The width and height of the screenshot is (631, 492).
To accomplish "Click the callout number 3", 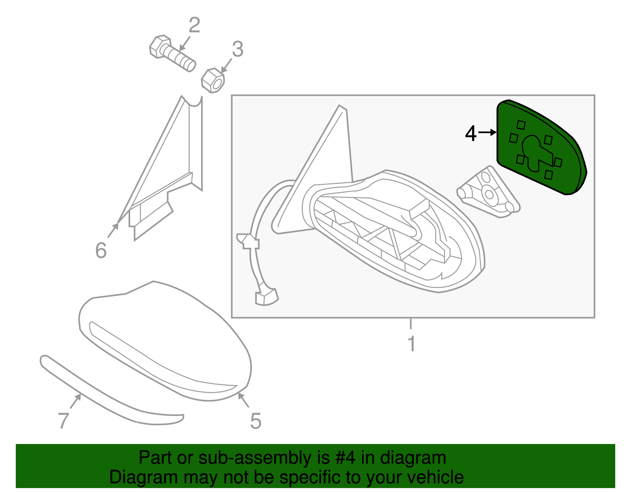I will coord(237,50).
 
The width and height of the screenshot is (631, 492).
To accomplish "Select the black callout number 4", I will coord(471,134).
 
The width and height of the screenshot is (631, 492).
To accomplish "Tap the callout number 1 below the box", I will coord(411,343).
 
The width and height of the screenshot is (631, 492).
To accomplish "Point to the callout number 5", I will coord(256,421).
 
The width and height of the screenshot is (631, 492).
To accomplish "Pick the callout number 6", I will coord(101,251).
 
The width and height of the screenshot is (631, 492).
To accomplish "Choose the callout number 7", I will coord(63,420).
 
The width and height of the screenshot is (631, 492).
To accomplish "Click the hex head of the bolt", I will coord(160,46).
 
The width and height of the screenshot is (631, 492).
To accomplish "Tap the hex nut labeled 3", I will coord(213,80).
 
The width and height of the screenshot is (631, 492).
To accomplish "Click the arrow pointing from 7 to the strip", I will coord(75,401).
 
